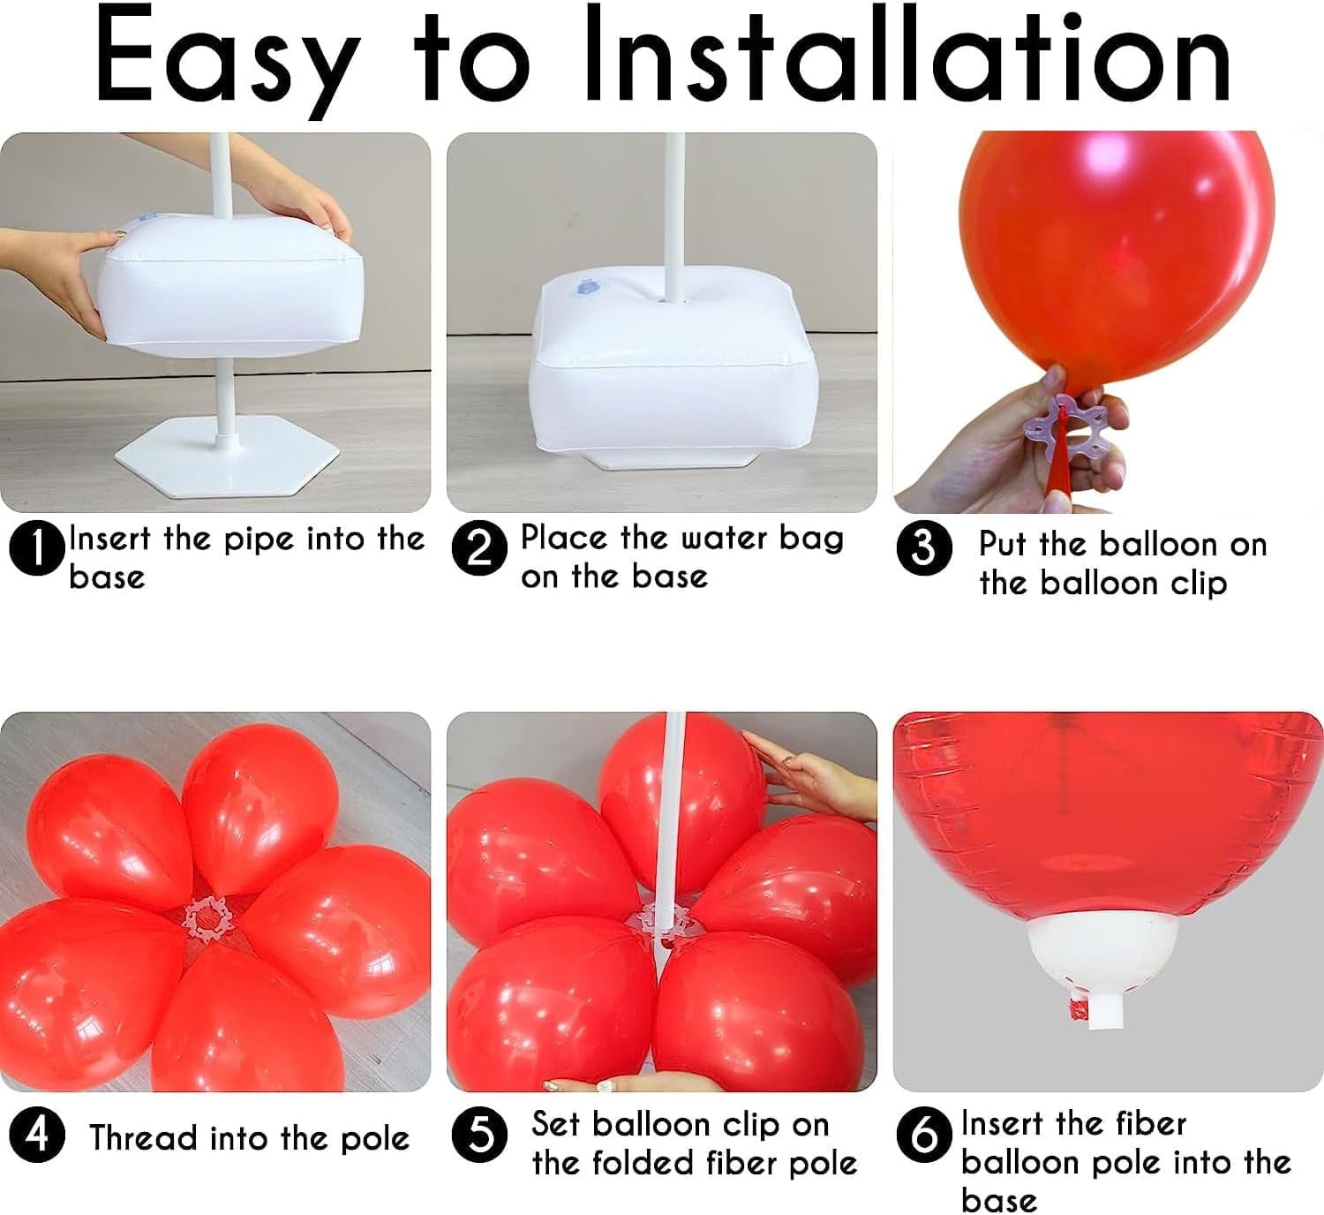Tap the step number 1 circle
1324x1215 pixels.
point(37,549)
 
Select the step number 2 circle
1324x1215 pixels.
point(479,549)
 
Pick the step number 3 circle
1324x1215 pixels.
point(923,548)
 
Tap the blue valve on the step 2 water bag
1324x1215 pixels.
point(586,287)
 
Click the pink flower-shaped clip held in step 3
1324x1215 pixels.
point(1056,421)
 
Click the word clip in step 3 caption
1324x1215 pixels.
point(1196,584)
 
